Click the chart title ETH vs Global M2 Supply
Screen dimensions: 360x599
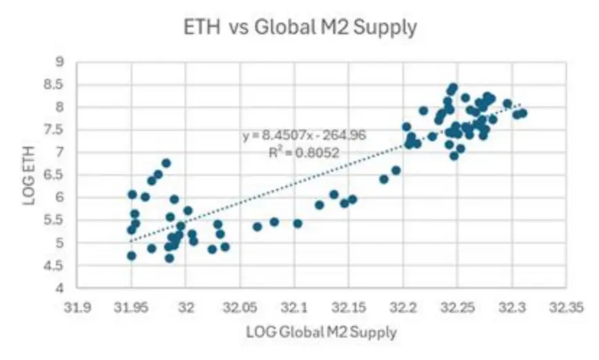tap(299, 28)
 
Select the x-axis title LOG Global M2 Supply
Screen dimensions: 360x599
tap(321, 332)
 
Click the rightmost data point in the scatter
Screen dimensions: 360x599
tap(523, 113)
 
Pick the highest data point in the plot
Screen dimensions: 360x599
tap(454, 88)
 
